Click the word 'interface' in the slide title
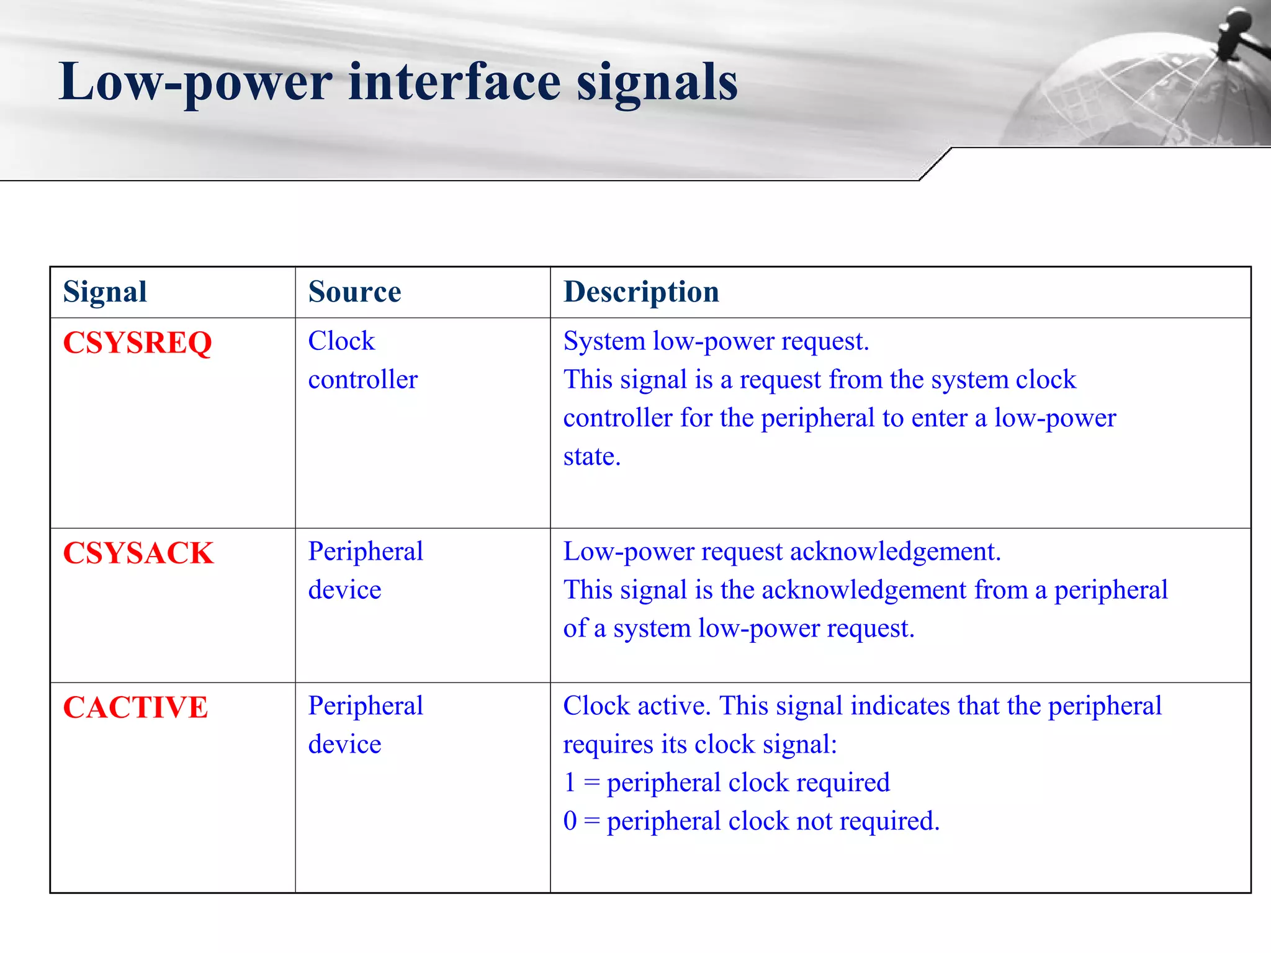[454, 83]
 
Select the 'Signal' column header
[105, 292]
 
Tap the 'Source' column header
[354, 292]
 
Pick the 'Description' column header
[641, 292]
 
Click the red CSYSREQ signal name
[137, 342]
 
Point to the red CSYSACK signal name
[138, 553]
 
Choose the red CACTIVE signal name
[135, 707]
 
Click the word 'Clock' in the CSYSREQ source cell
[341, 341]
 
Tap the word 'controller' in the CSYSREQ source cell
[363, 379]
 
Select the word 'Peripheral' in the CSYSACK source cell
[366, 551]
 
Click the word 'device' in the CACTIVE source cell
[344, 744]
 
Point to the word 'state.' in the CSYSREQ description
[591, 457]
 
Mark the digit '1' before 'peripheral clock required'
[570, 782]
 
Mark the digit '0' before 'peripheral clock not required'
[570, 821]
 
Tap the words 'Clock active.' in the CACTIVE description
[637, 705]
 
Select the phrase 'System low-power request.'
[716, 341]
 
